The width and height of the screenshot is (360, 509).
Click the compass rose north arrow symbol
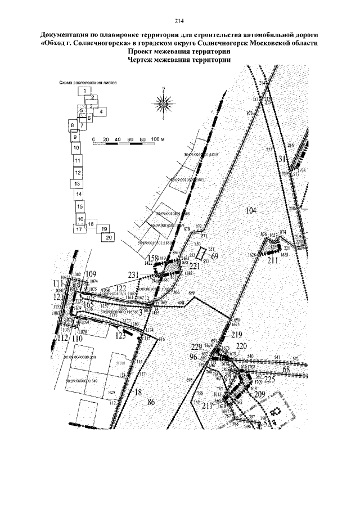tap(163, 103)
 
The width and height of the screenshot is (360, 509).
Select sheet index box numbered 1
tap(84, 91)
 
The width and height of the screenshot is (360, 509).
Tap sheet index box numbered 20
tap(109, 237)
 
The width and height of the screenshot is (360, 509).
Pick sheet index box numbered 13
tap(78, 184)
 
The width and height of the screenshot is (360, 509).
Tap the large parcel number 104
tap(251, 210)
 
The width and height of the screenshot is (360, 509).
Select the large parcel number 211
tap(273, 260)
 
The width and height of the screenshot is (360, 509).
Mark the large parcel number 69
tap(214, 256)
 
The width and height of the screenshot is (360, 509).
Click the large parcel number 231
tap(133, 274)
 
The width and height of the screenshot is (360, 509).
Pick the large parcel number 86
tap(150, 401)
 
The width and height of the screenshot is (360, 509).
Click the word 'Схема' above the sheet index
tap(67, 82)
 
